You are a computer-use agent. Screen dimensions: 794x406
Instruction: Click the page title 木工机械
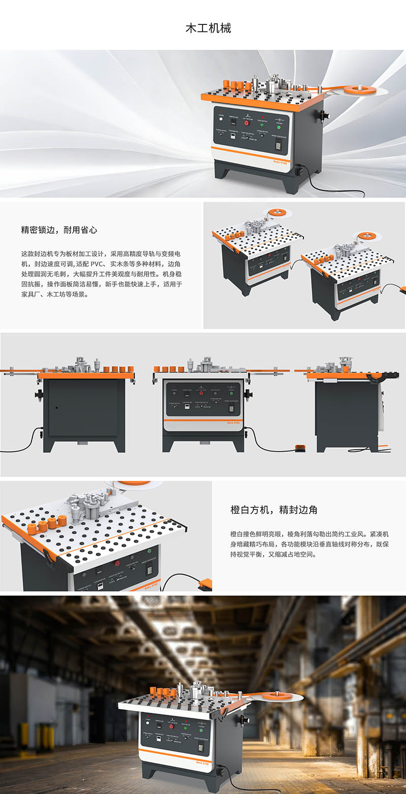(x=208, y=28)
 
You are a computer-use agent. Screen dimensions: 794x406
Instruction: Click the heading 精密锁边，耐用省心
(x=59, y=230)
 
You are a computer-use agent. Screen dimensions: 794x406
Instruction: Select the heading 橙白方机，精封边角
(x=274, y=510)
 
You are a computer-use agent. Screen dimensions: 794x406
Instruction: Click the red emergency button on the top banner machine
(x=247, y=122)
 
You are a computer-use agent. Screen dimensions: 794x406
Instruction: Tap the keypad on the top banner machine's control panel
(x=279, y=145)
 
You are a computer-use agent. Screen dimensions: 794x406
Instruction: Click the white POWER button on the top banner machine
(x=221, y=121)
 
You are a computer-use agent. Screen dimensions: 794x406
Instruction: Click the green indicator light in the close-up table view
(x=150, y=551)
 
